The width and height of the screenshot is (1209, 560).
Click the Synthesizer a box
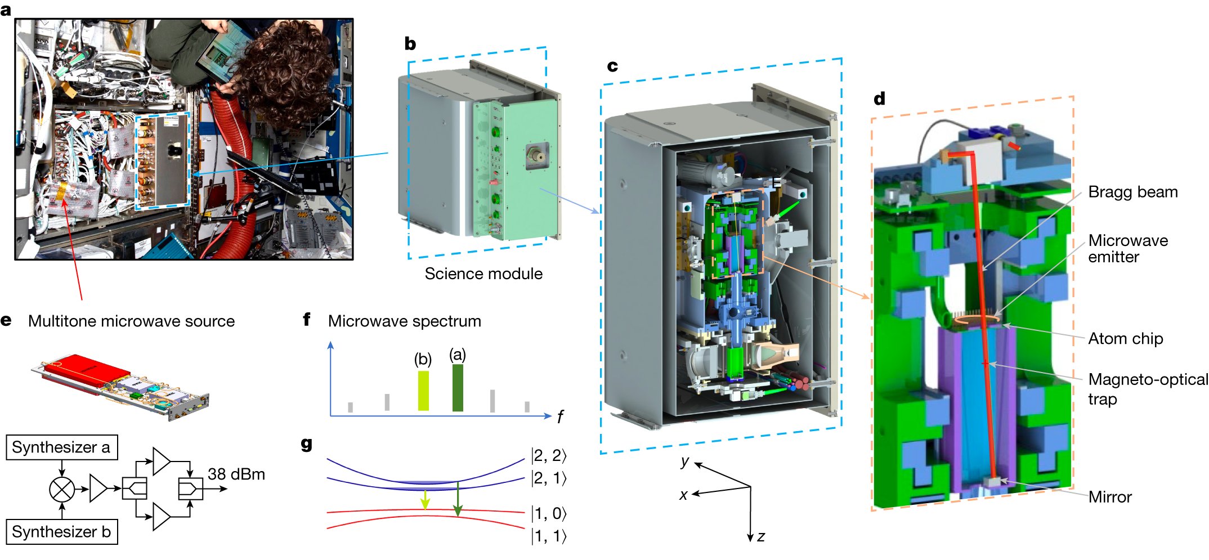[61, 447]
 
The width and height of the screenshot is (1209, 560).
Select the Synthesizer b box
[61, 532]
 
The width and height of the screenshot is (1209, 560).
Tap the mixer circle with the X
[62, 489]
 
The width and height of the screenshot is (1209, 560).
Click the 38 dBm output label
[236, 474]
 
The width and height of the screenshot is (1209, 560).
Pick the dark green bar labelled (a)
[458, 388]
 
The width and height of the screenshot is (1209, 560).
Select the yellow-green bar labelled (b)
[423, 391]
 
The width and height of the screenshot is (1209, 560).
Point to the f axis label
[560, 417]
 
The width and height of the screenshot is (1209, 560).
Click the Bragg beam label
[1132, 192]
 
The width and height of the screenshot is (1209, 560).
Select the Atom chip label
[1125, 338]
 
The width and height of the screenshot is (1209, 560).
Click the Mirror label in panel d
[1110, 497]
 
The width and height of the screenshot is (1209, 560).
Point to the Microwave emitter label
[1127, 248]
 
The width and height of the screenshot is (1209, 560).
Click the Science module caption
[483, 274]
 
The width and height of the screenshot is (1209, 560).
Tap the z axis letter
[761, 536]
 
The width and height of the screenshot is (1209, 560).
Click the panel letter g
[306, 445]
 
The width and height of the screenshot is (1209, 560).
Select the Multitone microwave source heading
[131, 321]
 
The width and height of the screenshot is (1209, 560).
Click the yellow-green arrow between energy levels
[425, 499]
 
